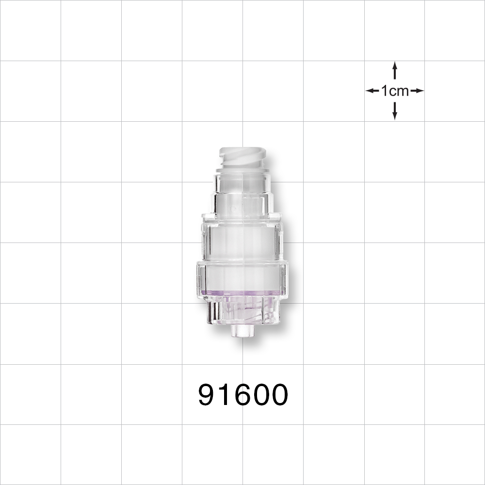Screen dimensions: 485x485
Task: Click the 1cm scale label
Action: (x=395, y=91)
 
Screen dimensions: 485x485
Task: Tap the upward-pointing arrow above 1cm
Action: (x=395, y=70)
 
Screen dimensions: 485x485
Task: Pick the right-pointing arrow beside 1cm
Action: (x=417, y=91)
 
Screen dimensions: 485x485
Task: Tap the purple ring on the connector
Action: (x=242, y=292)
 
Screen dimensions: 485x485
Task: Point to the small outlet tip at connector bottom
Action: (x=242, y=331)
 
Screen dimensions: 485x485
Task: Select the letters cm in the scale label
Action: (x=401, y=91)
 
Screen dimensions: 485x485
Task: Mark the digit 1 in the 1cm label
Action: (x=385, y=91)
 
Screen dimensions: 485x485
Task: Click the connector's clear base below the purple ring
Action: (x=242, y=310)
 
